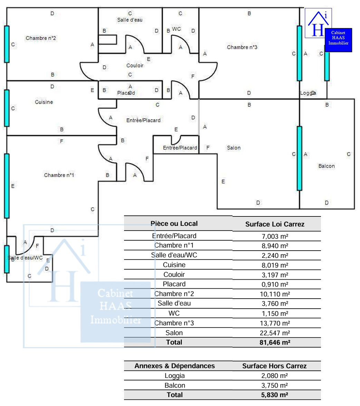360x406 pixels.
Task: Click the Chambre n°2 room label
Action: [41, 38]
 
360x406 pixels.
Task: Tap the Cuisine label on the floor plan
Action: [44, 102]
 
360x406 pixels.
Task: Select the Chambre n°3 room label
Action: [242, 47]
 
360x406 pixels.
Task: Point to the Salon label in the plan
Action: [234, 148]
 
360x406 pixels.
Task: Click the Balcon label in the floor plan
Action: [326, 166]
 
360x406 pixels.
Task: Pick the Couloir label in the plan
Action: [135, 65]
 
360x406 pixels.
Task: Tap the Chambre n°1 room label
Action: [59, 175]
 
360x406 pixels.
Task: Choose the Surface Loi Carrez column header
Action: [275, 224]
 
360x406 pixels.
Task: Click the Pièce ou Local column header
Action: [174, 223]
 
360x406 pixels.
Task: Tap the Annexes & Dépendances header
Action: [174, 366]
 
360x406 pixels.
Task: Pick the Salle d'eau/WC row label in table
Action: [174, 255]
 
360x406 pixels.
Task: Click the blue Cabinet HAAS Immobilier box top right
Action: [338, 40]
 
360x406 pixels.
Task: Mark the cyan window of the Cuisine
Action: [7, 108]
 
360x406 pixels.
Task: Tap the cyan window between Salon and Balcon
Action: [299, 158]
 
